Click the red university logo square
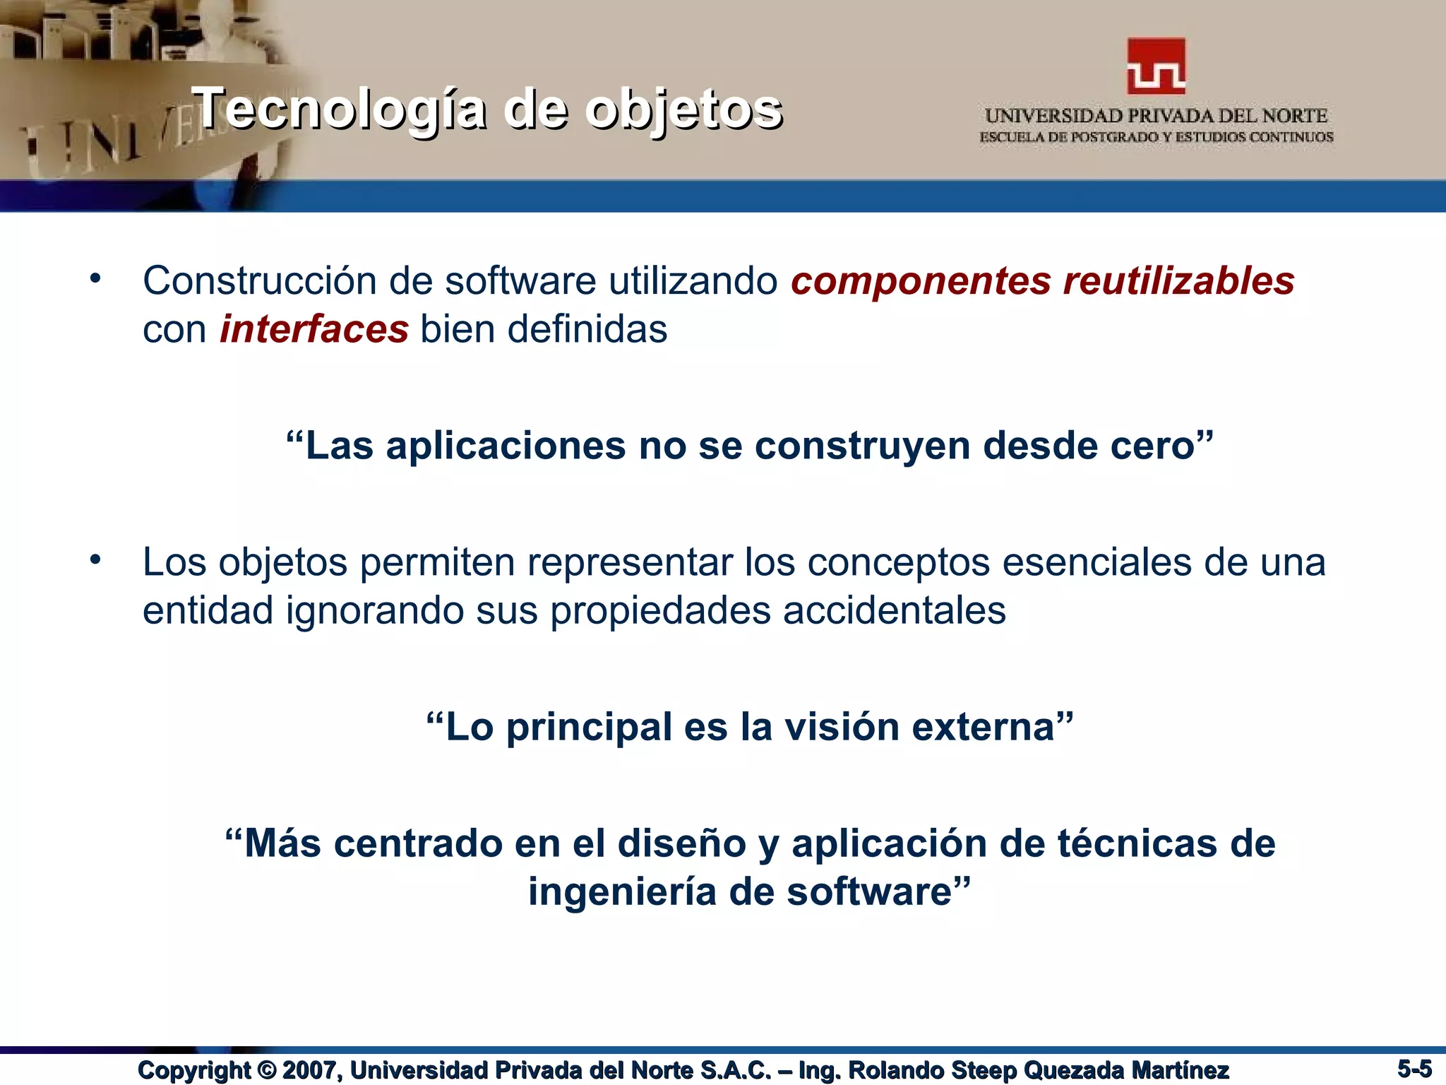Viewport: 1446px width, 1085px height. (1156, 66)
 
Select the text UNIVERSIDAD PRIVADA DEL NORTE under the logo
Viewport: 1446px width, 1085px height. (1156, 116)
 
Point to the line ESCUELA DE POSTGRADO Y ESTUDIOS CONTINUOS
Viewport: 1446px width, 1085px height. (1156, 137)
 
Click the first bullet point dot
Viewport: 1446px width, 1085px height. (95, 278)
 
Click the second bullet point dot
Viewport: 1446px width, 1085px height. (95, 560)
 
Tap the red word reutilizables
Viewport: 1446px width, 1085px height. (1178, 281)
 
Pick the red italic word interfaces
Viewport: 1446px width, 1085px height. (313, 329)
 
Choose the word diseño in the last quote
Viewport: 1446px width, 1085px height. (681, 844)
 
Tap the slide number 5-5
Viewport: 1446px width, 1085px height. (1414, 1068)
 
